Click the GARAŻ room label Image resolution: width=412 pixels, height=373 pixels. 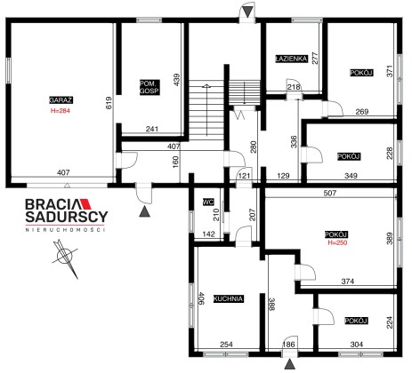tap(61, 100)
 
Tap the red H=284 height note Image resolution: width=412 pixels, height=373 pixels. tap(61, 111)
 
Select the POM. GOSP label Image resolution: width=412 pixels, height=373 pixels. tap(149, 87)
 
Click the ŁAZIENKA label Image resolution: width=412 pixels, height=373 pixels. tap(291, 59)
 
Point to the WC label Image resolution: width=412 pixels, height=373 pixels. tap(208, 202)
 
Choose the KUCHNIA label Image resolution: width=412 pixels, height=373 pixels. tap(229, 298)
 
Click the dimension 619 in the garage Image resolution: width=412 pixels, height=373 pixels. tap(109, 103)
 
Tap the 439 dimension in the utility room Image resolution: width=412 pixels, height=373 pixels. tap(176, 80)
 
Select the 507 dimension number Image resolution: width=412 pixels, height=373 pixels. tap(330, 193)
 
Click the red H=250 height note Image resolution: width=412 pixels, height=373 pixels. tap(337, 242)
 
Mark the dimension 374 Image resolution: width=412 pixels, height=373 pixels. tap(348, 281)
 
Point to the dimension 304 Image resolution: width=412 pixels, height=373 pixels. tap(357, 345)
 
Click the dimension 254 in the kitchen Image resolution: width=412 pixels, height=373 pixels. tap(226, 345)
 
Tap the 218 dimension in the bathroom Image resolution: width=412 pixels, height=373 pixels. tap(294, 87)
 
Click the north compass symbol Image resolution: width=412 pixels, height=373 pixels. tap(66, 258)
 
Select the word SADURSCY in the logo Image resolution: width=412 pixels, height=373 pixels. tap(67, 217)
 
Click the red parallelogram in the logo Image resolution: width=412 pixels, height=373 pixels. tap(86, 204)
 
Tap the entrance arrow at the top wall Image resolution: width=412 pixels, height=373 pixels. tap(246, 12)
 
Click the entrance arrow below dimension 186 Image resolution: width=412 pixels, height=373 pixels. tap(289, 364)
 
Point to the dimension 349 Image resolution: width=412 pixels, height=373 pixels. tap(351, 176)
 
